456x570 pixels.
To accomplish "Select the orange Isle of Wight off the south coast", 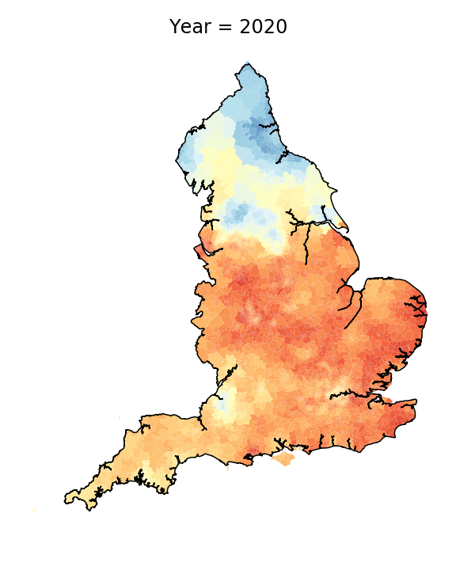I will pos(283,458).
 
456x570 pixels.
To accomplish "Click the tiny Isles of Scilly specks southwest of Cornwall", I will pos(34,510).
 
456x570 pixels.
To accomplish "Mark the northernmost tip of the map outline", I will pos(248,63).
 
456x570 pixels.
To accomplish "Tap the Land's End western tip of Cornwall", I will pos(66,500).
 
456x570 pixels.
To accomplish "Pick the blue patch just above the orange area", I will pos(237,211).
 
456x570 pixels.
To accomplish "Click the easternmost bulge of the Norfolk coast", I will pos(425,305).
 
